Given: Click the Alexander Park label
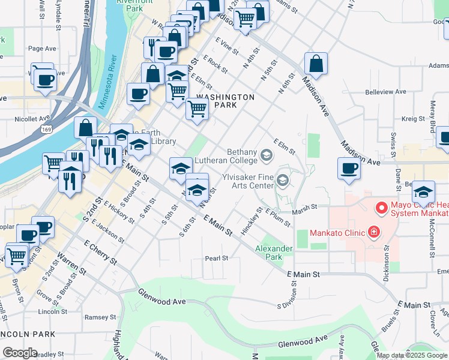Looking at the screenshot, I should (x=273, y=253).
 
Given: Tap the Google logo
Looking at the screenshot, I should (x=20, y=353).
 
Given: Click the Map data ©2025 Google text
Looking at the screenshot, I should (x=412, y=355).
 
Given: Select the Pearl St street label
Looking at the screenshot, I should (x=217, y=259).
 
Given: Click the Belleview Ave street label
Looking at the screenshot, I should (x=386, y=92).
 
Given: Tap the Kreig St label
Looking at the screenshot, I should (x=413, y=119).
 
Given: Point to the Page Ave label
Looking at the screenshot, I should (x=41, y=49).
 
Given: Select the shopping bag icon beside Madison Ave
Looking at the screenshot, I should (x=316, y=64).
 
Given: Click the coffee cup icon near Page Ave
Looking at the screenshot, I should (x=44, y=80).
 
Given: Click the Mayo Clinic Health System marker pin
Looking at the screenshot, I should (x=381, y=209).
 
